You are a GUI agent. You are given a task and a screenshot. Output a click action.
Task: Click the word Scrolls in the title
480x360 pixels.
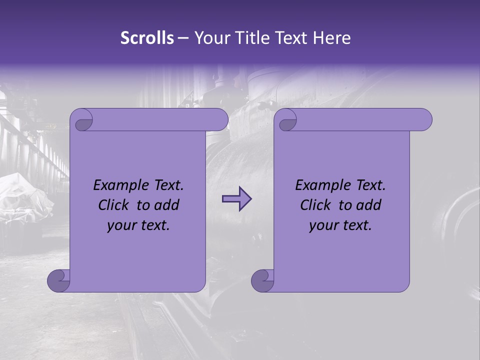pos(147,38)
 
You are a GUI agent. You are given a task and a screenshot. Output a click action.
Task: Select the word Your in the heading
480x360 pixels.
pos(210,38)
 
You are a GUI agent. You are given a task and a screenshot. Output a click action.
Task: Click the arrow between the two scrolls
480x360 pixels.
pos(236,199)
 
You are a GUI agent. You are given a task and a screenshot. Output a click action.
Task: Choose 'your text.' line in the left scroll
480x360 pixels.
pos(138,225)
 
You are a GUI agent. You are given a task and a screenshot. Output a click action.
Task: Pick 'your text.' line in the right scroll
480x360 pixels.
pos(340,225)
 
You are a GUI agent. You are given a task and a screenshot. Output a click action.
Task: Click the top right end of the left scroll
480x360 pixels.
pos(220,120)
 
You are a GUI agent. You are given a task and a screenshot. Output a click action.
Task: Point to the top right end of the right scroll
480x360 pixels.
pos(424,120)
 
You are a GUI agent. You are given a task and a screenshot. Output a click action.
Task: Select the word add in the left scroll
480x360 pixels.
pos(167,205)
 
